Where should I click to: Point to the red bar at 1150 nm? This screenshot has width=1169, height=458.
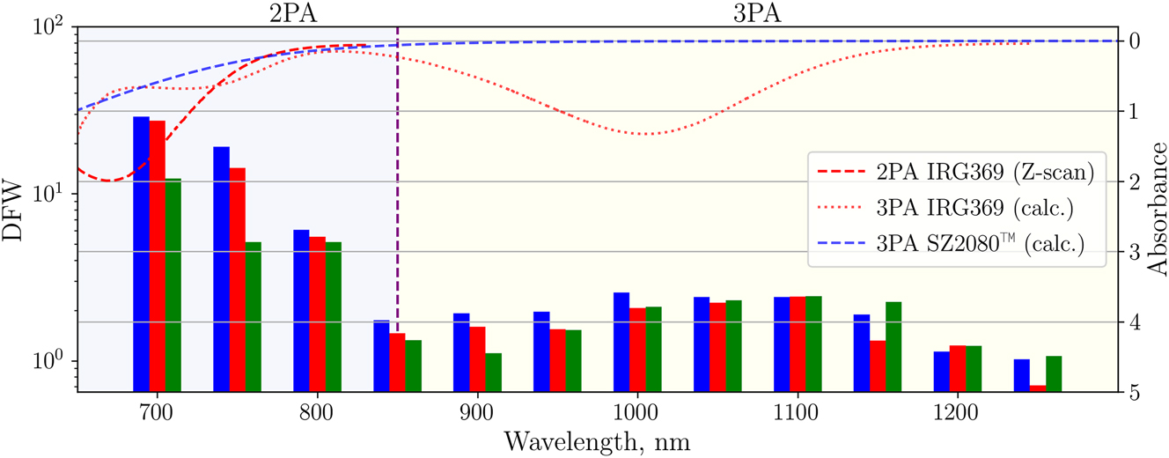tap(878, 366)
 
